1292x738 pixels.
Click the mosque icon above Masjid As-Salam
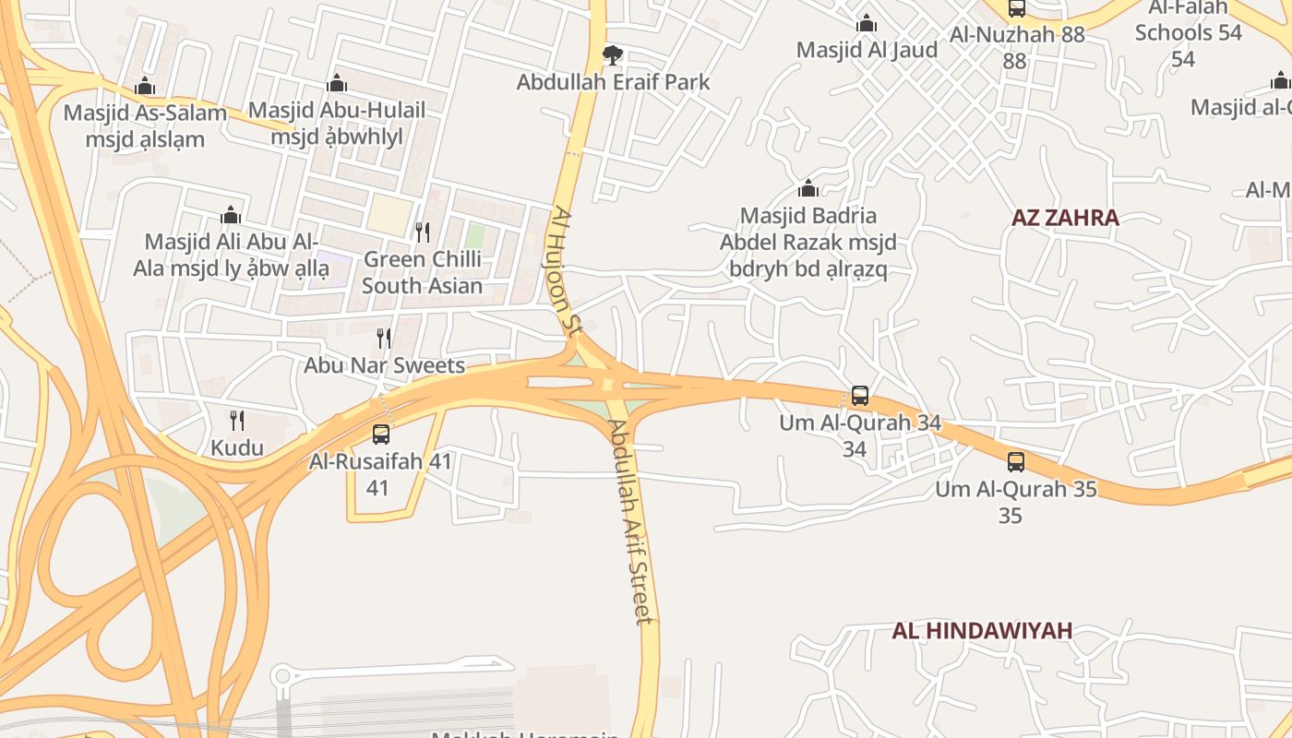click(x=144, y=87)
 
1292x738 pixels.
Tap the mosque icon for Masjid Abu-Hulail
click(x=337, y=84)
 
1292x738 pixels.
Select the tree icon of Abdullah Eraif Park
click(x=612, y=55)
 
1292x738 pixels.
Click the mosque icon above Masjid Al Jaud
click(x=867, y=23)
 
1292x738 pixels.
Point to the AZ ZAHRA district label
click(x=1065, y=218)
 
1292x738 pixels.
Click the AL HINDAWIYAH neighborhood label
click(x=982, y=631)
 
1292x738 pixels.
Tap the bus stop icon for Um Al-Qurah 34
click(x=860, y=396)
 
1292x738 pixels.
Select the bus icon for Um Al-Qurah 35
click(x=1016, y=462)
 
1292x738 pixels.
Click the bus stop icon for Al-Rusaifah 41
click(x=380, y=434)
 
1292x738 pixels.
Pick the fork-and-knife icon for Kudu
click(x=237, y=421)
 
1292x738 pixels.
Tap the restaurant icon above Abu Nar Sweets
click(x=384, y=339)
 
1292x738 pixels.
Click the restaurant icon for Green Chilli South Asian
click(x=422, y=232)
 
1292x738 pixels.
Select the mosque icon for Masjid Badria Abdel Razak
click(x=808, y=189)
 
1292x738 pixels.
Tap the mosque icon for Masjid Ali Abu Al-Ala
click(x=231, y=215)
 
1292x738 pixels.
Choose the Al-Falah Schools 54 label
click(x=1189, y=32)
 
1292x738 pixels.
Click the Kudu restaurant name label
click(x=237, y=449)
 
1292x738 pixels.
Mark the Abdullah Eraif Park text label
click(x=613, y=82)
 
